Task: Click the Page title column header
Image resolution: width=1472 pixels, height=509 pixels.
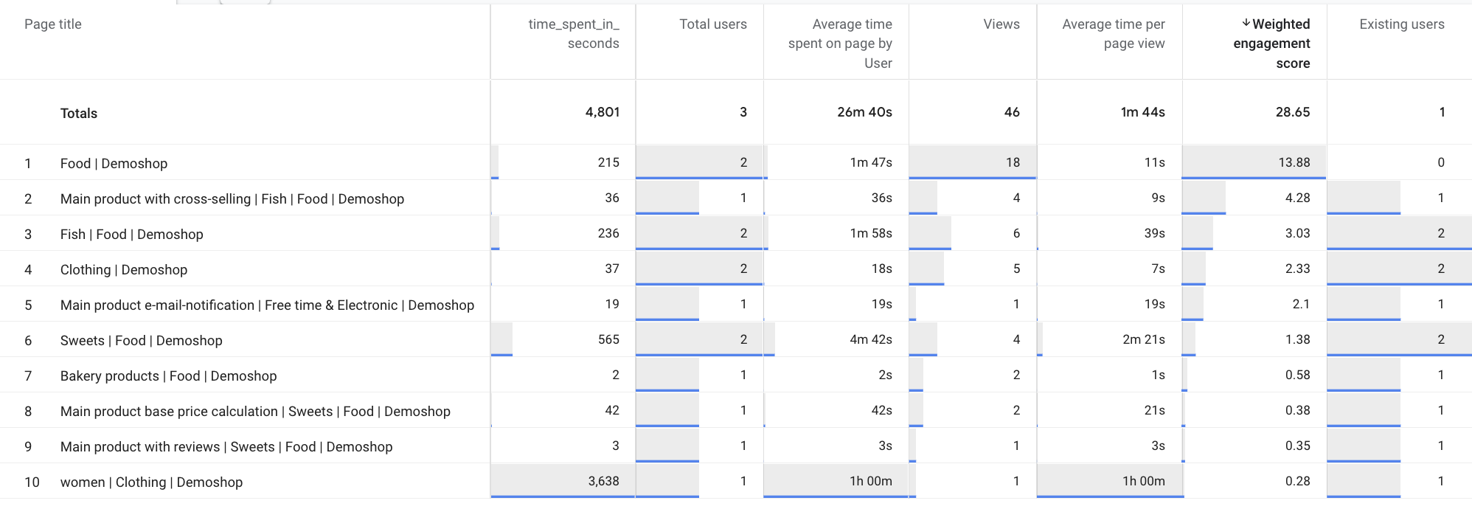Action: tap(53, 24)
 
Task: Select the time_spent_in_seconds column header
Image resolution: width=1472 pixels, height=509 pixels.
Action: tap(574, 34)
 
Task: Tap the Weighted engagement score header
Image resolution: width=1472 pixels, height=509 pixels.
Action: tap(1272, 44)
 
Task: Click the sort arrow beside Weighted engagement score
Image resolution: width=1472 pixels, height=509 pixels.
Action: tap(1246, 24)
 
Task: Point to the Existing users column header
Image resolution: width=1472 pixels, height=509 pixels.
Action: tap(1401, 24)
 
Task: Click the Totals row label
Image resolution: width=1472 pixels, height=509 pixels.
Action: tap(79, 113)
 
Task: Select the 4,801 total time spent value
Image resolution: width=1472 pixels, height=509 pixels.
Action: tap(603, 112)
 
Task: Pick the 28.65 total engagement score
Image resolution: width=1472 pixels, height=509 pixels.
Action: tap(1293, 112)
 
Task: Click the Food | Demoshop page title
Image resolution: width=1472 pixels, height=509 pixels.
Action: tap(114, 163)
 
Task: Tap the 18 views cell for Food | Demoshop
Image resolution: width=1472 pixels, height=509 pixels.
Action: tap(1013, 162)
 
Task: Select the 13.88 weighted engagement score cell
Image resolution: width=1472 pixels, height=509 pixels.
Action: tap(1294, 162)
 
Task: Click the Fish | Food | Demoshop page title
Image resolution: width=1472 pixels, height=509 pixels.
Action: tap(131, 234)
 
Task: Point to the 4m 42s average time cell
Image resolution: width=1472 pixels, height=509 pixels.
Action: tap(871, 339)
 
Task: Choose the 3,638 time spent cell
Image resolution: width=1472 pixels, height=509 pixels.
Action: tap(603, 481)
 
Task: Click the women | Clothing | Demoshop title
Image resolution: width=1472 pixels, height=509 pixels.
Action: tap(151, 482)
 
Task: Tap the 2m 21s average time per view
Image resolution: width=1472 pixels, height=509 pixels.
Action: tap(1144, 339)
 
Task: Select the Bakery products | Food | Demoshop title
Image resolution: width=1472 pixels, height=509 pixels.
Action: tap(168, 375)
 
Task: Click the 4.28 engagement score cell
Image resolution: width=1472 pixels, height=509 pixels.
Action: tap(1297, 198)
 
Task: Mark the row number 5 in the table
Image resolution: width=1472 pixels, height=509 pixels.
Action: tap(28, 305)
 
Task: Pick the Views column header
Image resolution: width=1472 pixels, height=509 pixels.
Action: tap(1001, 24)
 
